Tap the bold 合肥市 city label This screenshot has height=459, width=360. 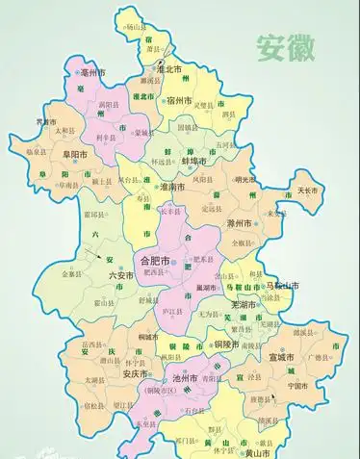(155, 260)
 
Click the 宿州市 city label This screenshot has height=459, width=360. (180, 100)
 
